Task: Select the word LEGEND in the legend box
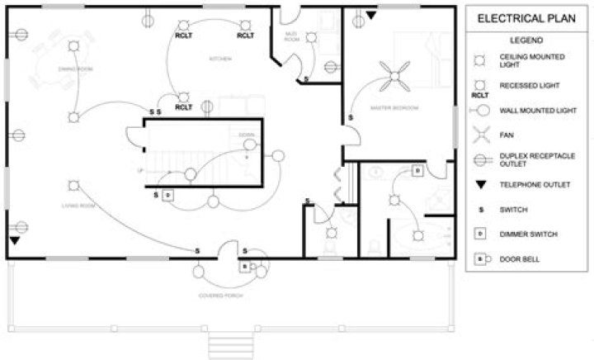(x=526, y=40)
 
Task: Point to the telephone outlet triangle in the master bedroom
(x=370, y=16)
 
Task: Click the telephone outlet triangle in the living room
(x=15, y=240)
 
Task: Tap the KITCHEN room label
(x=219, y=59)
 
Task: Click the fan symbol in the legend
(x=478, y=132)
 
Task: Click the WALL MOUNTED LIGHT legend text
(x=532, y=110)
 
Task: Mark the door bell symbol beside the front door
(x=245, y=266)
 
